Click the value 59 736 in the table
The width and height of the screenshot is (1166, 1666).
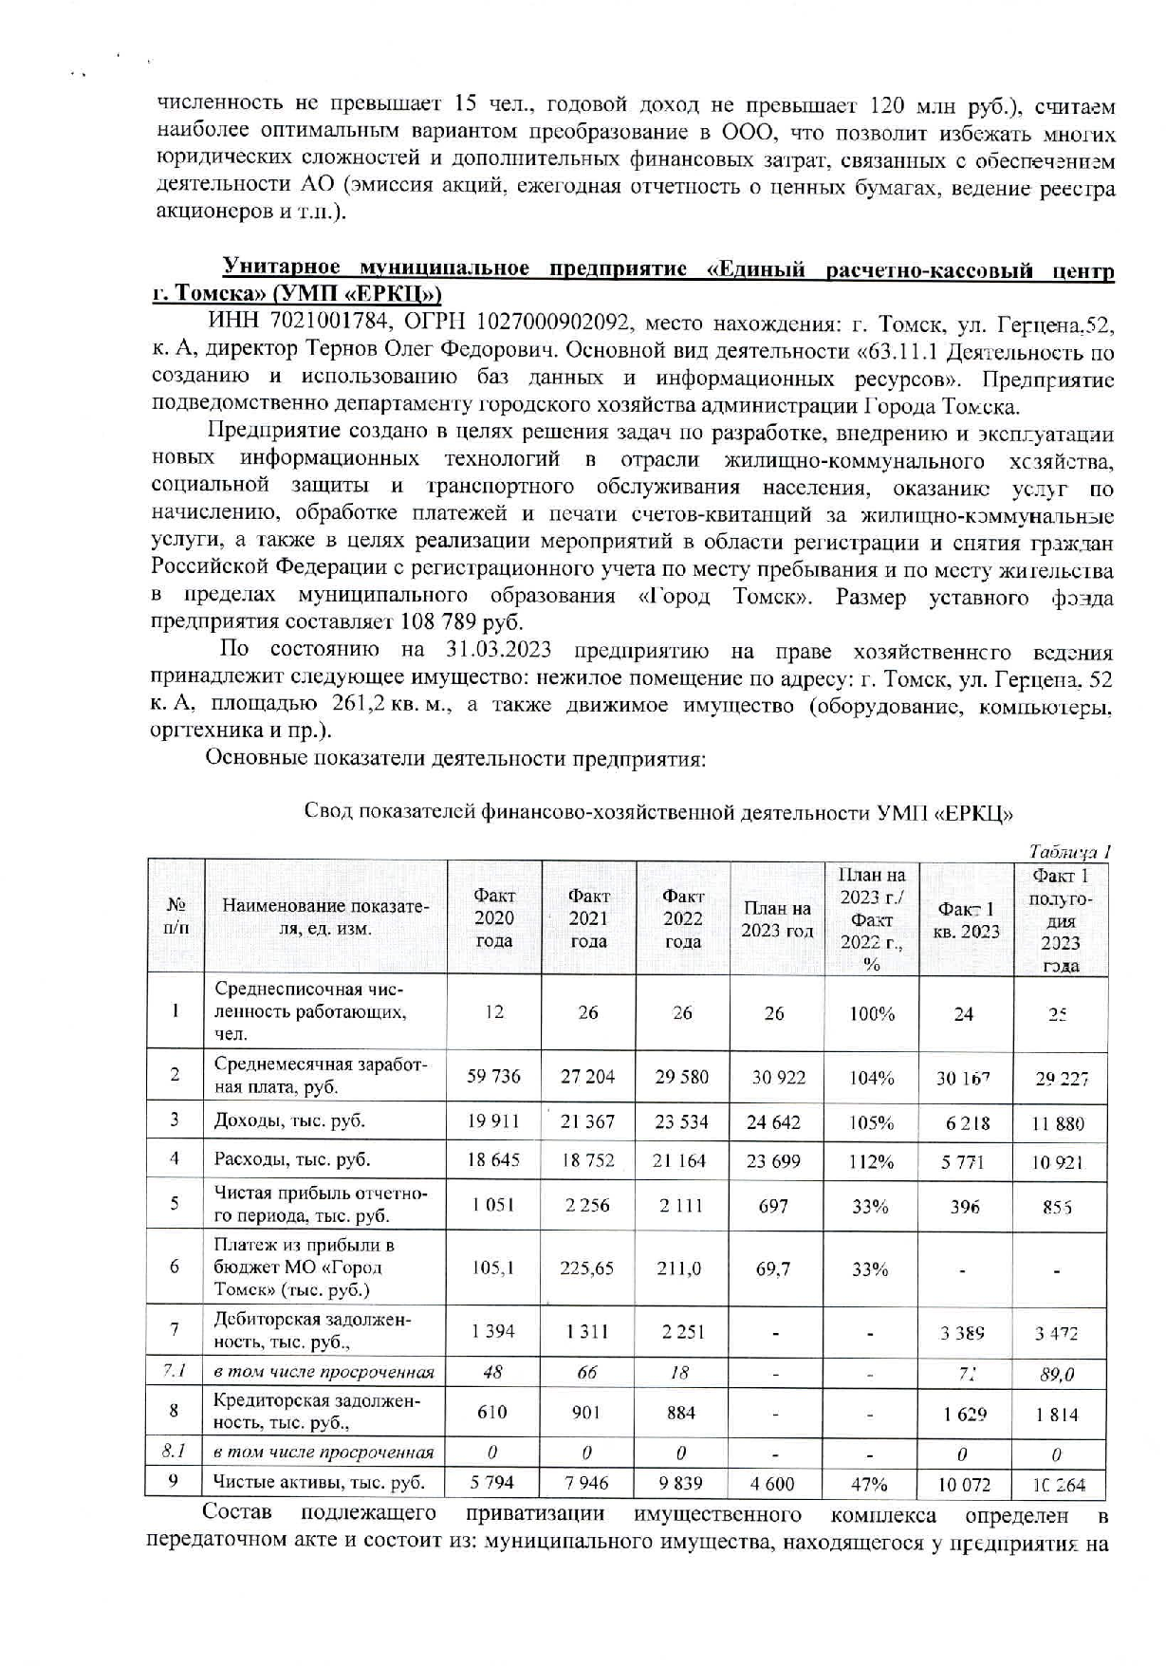point(493,1077)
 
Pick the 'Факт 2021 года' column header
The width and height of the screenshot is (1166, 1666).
point(588,917)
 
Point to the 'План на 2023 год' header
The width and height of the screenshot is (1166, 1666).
point(777,918)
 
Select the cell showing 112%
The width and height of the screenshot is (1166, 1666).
point(871,1160)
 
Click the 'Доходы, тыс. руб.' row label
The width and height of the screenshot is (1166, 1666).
point(289,1120)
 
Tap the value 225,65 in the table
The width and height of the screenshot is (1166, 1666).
point(587,1267)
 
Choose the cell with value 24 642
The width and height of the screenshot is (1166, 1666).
point(773,1122)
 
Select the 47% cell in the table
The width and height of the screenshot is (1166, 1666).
point(870,1483)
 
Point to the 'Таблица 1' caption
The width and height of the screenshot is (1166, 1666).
point(1070,851)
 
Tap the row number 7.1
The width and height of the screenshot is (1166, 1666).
point(174,1371)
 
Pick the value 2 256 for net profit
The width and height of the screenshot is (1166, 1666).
point(587,1206)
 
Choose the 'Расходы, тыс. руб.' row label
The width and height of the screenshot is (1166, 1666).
point(291,1159)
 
